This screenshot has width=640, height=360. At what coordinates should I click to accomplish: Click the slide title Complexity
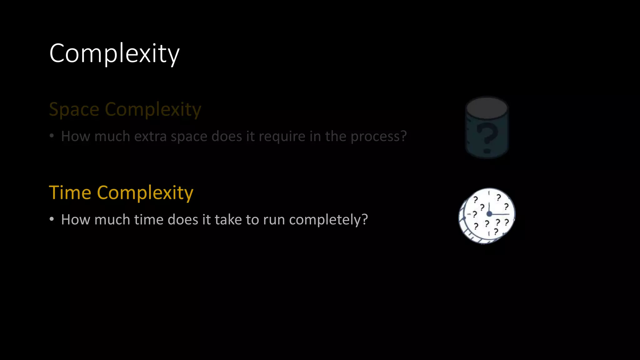(114, 53)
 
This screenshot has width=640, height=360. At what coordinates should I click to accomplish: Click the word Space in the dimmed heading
(74, 109)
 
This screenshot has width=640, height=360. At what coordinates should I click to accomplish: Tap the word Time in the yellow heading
(70, 192)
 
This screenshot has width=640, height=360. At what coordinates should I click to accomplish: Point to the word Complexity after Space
(153, 109)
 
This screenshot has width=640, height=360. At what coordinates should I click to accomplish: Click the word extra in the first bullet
(151, 136)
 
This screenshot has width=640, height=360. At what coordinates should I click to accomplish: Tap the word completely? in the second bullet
(328, 219)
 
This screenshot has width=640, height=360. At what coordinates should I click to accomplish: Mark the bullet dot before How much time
(52, 219)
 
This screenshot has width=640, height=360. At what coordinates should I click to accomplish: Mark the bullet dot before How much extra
(52, 136)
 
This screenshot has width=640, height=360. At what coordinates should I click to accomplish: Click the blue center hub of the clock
(489, 214)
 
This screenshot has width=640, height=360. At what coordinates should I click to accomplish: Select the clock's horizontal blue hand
(501, 214)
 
